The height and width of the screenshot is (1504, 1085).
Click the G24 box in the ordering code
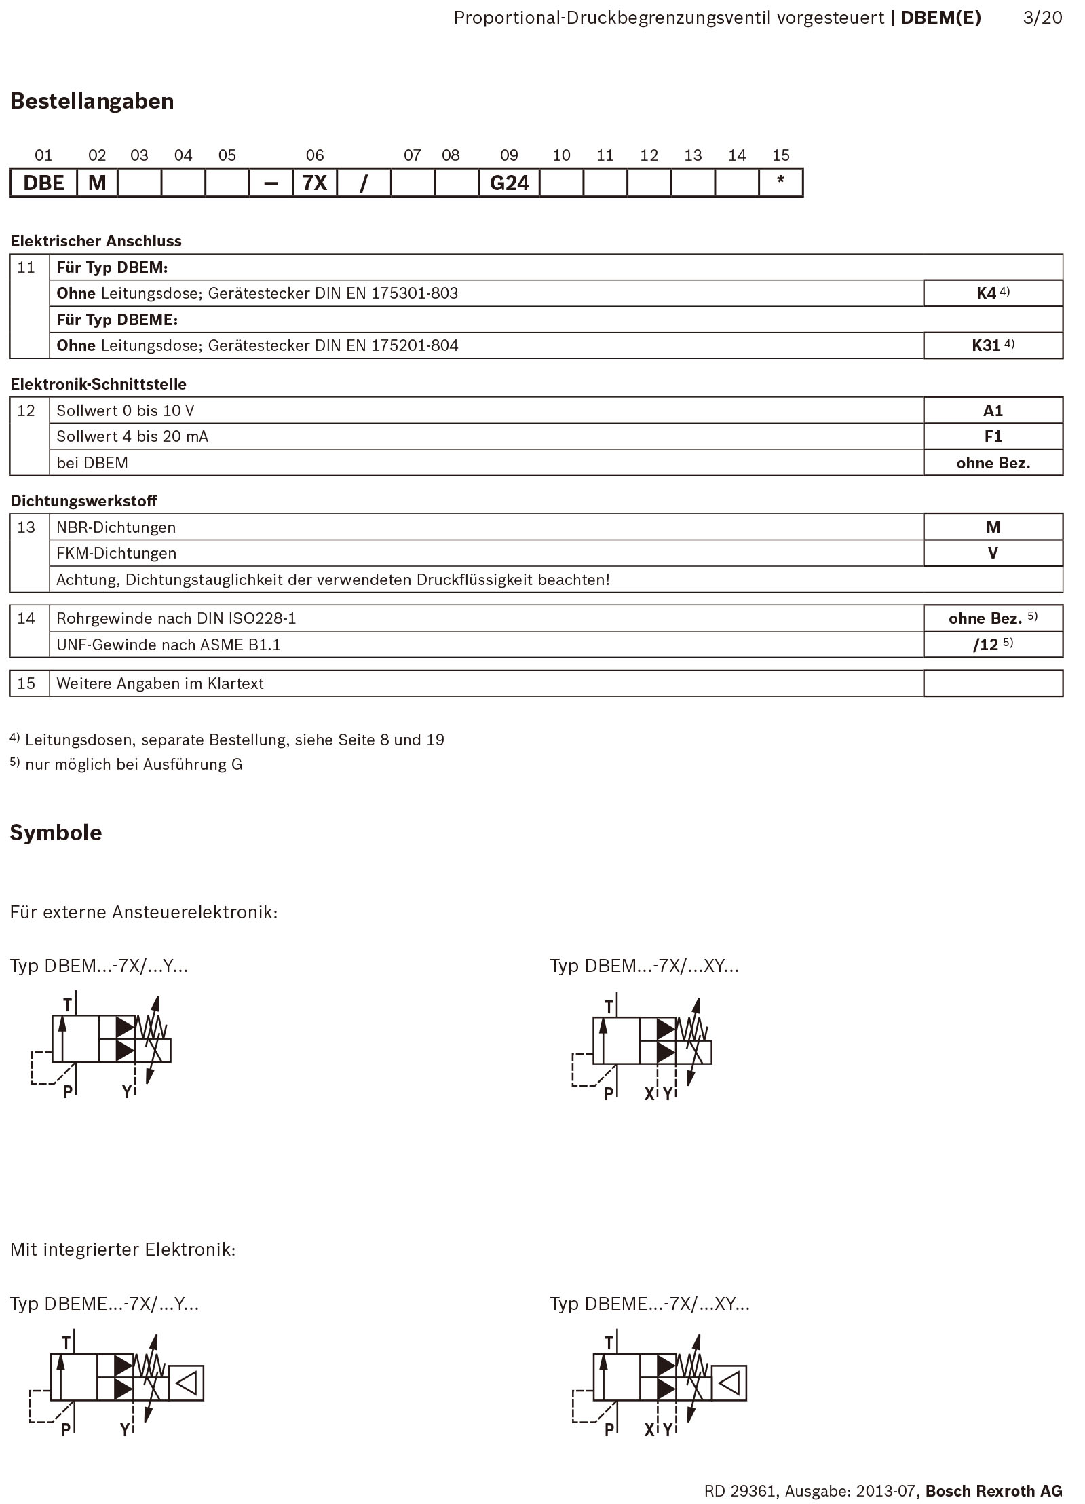[509, 183]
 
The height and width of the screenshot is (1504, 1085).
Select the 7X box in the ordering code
[315, 183]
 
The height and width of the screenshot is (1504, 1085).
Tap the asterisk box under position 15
[780, 183]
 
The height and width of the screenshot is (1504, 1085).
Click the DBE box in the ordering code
[43, 183]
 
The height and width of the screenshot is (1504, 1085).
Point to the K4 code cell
[993, 293]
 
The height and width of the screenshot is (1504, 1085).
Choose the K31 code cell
[993, 345]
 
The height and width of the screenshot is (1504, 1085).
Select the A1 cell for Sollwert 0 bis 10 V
[993, 411]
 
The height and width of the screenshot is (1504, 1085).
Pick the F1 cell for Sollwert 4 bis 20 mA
[993, 436]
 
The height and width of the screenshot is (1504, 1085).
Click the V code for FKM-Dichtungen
[993, 553]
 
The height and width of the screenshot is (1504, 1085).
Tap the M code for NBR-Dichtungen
[993, 527]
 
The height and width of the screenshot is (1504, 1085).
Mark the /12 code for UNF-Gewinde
[993, 645]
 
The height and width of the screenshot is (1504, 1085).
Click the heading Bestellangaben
[92, 101]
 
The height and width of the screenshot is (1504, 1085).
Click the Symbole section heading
[56, 833]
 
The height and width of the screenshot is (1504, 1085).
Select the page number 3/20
[1042, 18]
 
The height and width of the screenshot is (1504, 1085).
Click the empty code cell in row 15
[993, 683]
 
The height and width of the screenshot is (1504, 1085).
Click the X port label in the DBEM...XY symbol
[649, 1094]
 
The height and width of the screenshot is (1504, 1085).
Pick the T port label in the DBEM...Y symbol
[67, 1004]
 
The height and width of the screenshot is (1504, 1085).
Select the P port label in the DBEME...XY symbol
[609, 1430]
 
